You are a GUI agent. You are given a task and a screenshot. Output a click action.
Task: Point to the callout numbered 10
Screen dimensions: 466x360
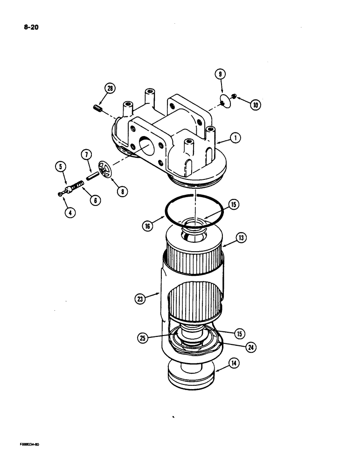256,105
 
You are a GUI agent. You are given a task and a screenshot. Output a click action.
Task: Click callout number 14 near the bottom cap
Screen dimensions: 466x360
234,363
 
